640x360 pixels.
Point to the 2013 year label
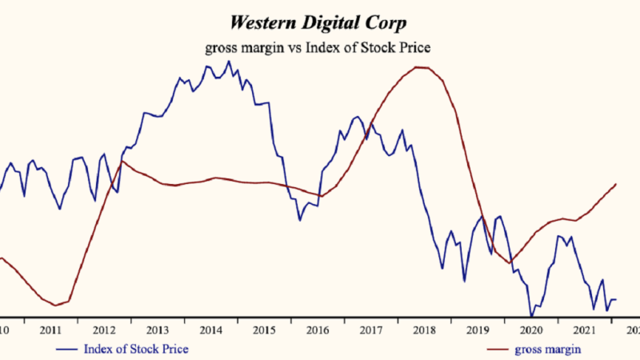tap(157, 330)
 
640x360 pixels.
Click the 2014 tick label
tap(210, 330)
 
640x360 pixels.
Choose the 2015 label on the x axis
tap(264, 330)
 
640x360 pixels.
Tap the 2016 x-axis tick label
tap(318, 330)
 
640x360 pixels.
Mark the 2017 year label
tap(371, 330)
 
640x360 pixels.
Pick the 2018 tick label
tap(425, 330)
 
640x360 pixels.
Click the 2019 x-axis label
tap(478, 330)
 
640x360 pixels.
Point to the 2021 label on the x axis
tap(585, 330)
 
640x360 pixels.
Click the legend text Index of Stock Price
tap(136, 349)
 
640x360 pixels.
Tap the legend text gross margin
tap(547, 349)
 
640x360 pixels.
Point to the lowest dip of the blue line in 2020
tap(531, 314)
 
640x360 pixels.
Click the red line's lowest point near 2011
tap(55, 305)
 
